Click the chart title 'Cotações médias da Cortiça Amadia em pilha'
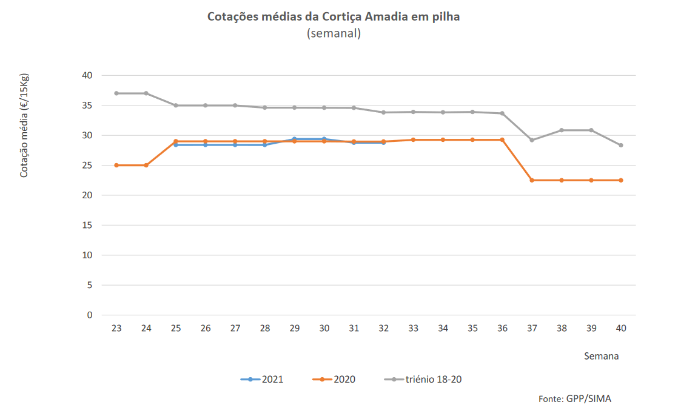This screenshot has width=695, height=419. point(334,16)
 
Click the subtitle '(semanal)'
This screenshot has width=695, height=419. point(334,33)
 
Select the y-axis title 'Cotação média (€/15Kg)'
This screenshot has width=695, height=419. point(24,126)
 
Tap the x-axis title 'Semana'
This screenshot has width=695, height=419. point(601,356)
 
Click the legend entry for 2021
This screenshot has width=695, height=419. point(262,380)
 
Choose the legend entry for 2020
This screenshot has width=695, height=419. point(334,380)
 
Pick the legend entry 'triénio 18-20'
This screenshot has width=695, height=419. point(424,380)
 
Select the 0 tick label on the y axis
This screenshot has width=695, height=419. point(89,315)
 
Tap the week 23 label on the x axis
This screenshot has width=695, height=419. point(116,328)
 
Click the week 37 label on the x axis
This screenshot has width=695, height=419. point(532,328)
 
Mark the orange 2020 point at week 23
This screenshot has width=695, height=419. point(116,165)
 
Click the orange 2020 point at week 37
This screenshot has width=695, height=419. point(532,180)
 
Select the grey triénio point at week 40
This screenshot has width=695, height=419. point(621,145)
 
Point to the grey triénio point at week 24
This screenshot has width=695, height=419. point(146,93)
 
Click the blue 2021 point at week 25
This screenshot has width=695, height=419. point(176,145)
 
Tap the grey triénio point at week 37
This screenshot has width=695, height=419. point(532,140)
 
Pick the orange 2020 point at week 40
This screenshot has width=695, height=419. point(621,180)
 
